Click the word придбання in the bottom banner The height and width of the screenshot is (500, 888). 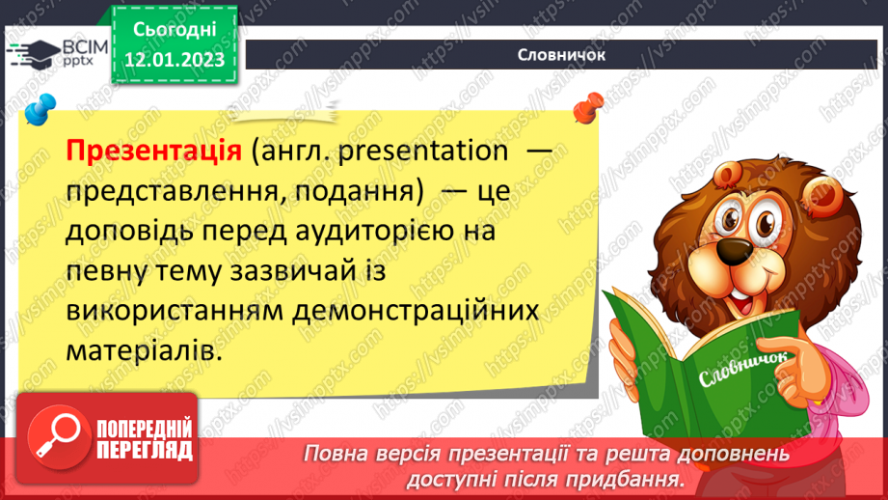tap(637, 479)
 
